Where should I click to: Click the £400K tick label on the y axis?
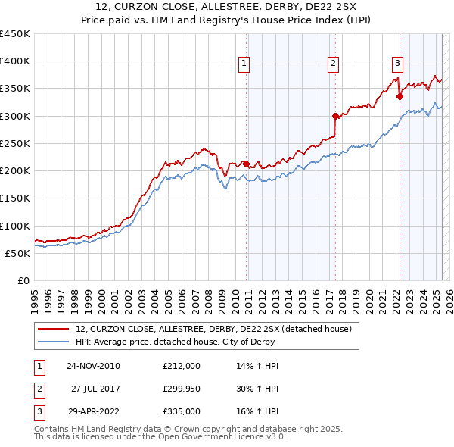click(15, 61)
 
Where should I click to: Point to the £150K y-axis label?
click(15, 198)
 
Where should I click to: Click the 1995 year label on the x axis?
click(34, 295)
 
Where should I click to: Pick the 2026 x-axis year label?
click(449, 295)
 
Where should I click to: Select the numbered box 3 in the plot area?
click(397, 64)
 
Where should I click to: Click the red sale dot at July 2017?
click(335, 116)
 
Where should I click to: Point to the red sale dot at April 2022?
click(400, 96)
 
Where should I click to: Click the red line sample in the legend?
click(54, 329)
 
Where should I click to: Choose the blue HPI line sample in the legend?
click(54, 342)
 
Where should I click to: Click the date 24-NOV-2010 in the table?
click(93, 366)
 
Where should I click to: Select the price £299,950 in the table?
click(182, 389)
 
